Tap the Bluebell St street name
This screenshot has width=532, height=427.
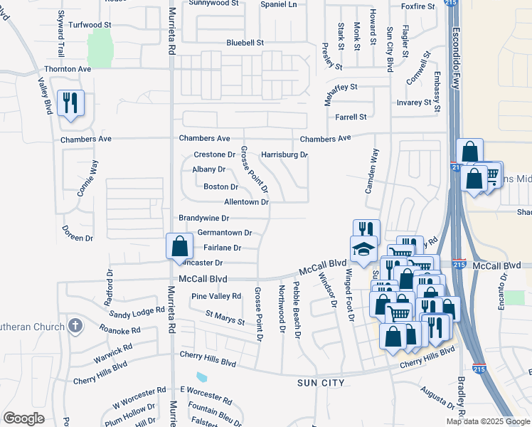[x=245, y=43]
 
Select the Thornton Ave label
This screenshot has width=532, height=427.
[x=68, y=69]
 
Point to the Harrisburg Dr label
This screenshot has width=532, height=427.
[x=284, y=154]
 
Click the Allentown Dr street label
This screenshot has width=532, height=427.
[x=245, y=202]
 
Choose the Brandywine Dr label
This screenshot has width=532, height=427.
[x=203, y=218]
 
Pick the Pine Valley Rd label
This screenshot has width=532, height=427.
[x=216, y=296]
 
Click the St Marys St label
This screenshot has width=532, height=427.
[x=225, y=317]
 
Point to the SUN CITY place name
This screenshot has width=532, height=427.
[x=321, y=383]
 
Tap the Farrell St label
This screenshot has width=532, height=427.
[x=351, y=117]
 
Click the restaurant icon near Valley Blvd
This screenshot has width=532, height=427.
[x=70, y=103]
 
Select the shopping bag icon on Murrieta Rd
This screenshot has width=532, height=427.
[x=179, y=246]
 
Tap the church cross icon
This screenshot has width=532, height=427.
[x=76, y=327]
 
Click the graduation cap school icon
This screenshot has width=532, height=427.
[x=363, y=249]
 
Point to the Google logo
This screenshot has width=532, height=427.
[x=24, y=418]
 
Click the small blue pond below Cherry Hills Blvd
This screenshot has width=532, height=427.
[x=202, y=377]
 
